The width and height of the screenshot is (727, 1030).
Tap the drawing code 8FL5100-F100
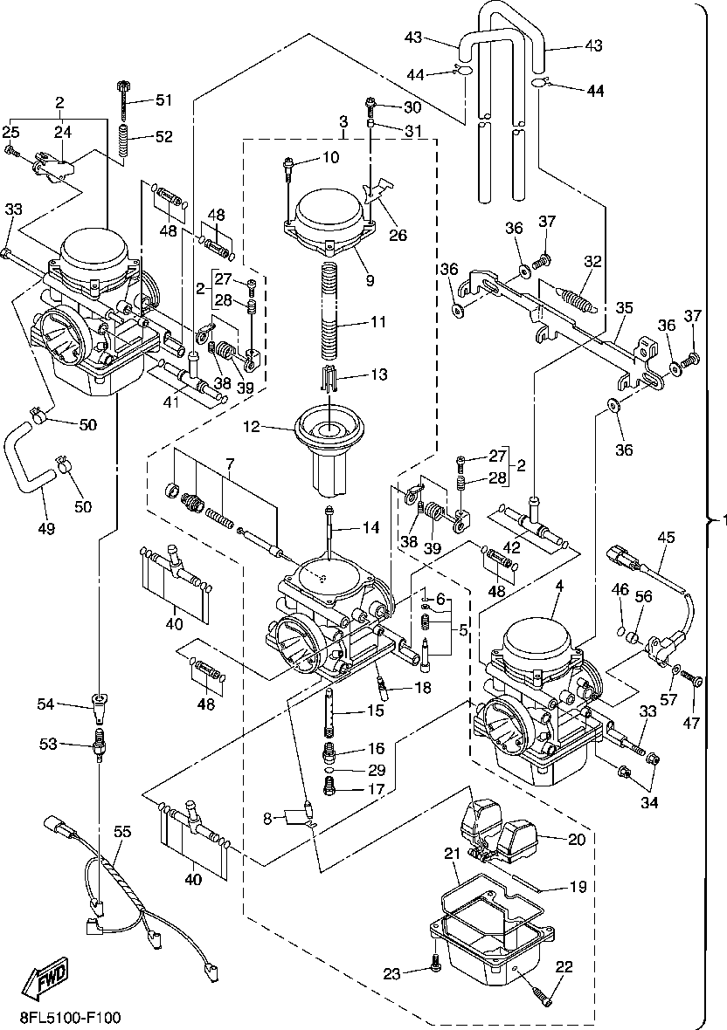[70, 1018]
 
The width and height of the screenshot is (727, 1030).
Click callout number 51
[164, 100]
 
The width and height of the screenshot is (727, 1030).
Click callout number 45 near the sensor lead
[667, 538]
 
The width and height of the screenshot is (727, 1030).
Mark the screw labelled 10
[289, 166]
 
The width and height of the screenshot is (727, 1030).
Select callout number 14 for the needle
[371, 527]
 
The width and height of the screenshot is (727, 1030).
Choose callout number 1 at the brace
[721, 520]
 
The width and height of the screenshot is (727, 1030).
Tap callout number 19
[578, 887]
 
